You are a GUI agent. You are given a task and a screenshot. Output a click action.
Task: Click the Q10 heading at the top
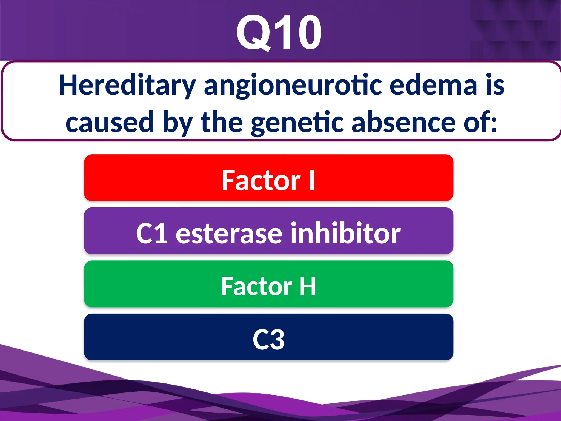pos(279,33)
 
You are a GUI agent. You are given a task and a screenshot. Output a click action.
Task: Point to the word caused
pos(110,122)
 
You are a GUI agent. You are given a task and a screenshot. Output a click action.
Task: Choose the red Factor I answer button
pos(268,178)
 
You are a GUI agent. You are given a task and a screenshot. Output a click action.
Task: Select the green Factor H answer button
pos(268,284)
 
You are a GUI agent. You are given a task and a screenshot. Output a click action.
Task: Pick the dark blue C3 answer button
pos(268,337)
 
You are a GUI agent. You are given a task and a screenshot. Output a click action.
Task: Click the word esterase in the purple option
pos(229,234)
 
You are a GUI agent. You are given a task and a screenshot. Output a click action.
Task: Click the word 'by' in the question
pos(177,122)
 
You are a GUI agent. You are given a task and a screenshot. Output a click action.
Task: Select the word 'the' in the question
pos(222,122)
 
